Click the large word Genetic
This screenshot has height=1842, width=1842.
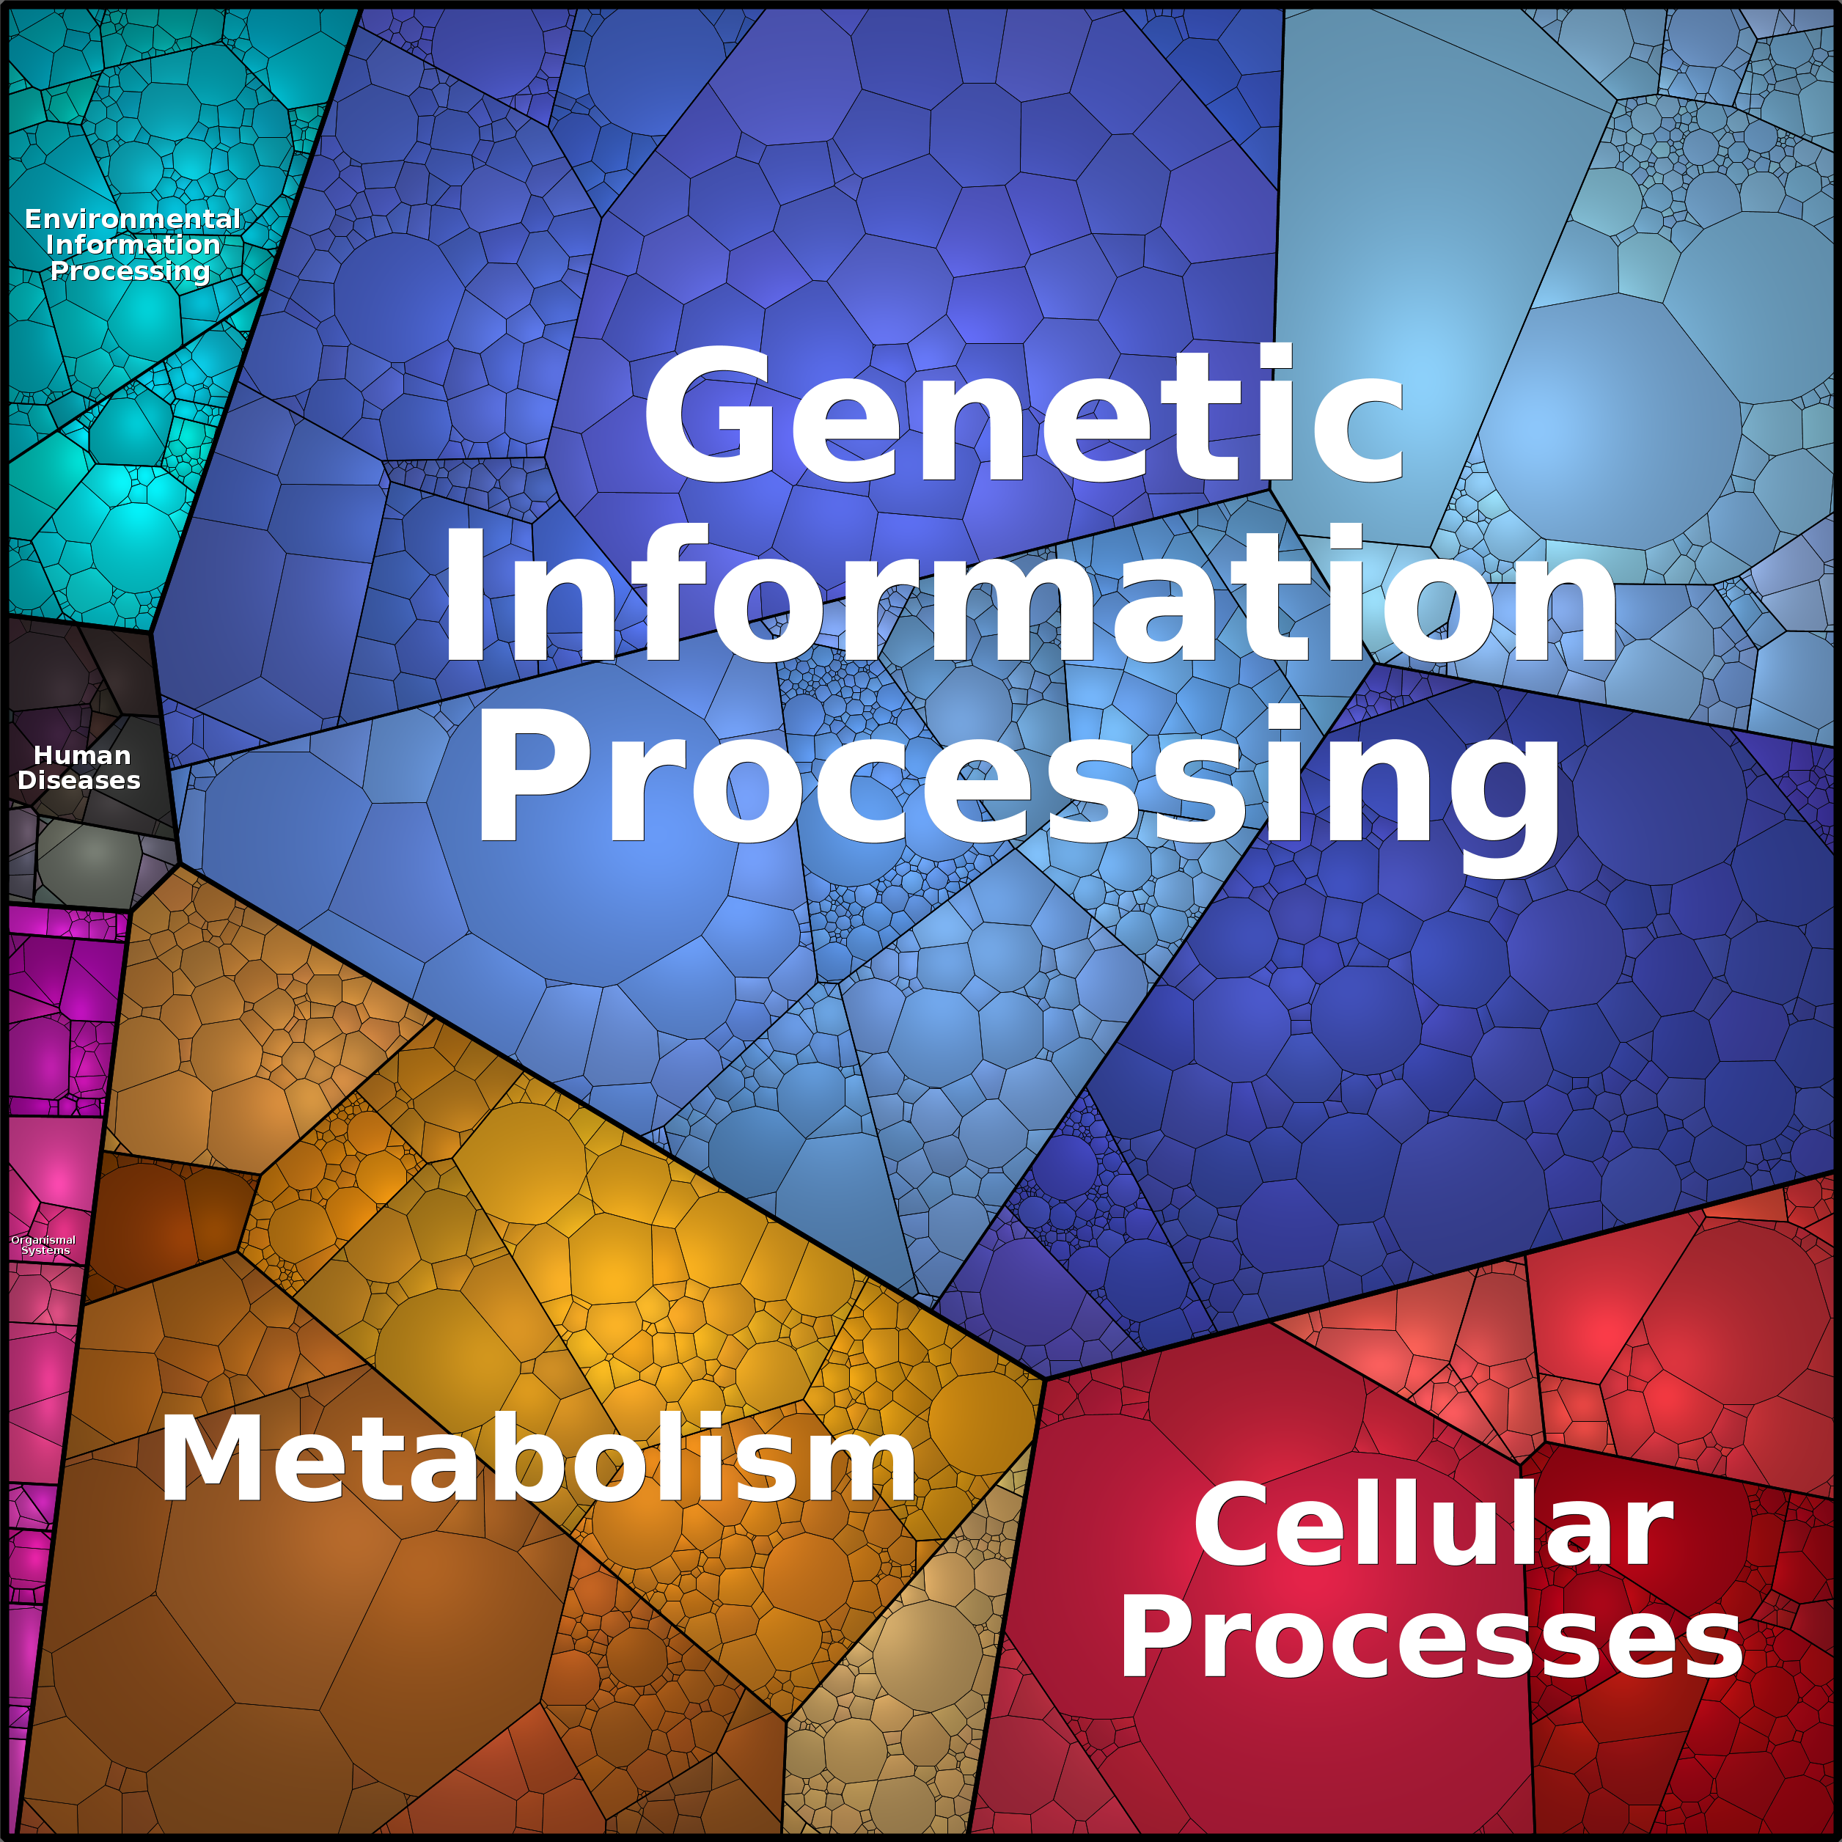click(1025, 415)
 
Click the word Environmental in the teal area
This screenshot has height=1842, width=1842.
click(133, 219)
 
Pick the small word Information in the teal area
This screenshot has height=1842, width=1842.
click(133, 245)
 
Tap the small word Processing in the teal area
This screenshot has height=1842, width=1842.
click(130, 272)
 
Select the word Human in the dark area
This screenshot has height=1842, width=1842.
click(82, 755)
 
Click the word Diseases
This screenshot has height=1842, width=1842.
click(79, 780)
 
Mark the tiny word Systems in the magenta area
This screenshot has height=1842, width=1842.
click(45, 1250)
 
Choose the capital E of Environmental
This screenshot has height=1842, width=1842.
click(34, 219)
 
